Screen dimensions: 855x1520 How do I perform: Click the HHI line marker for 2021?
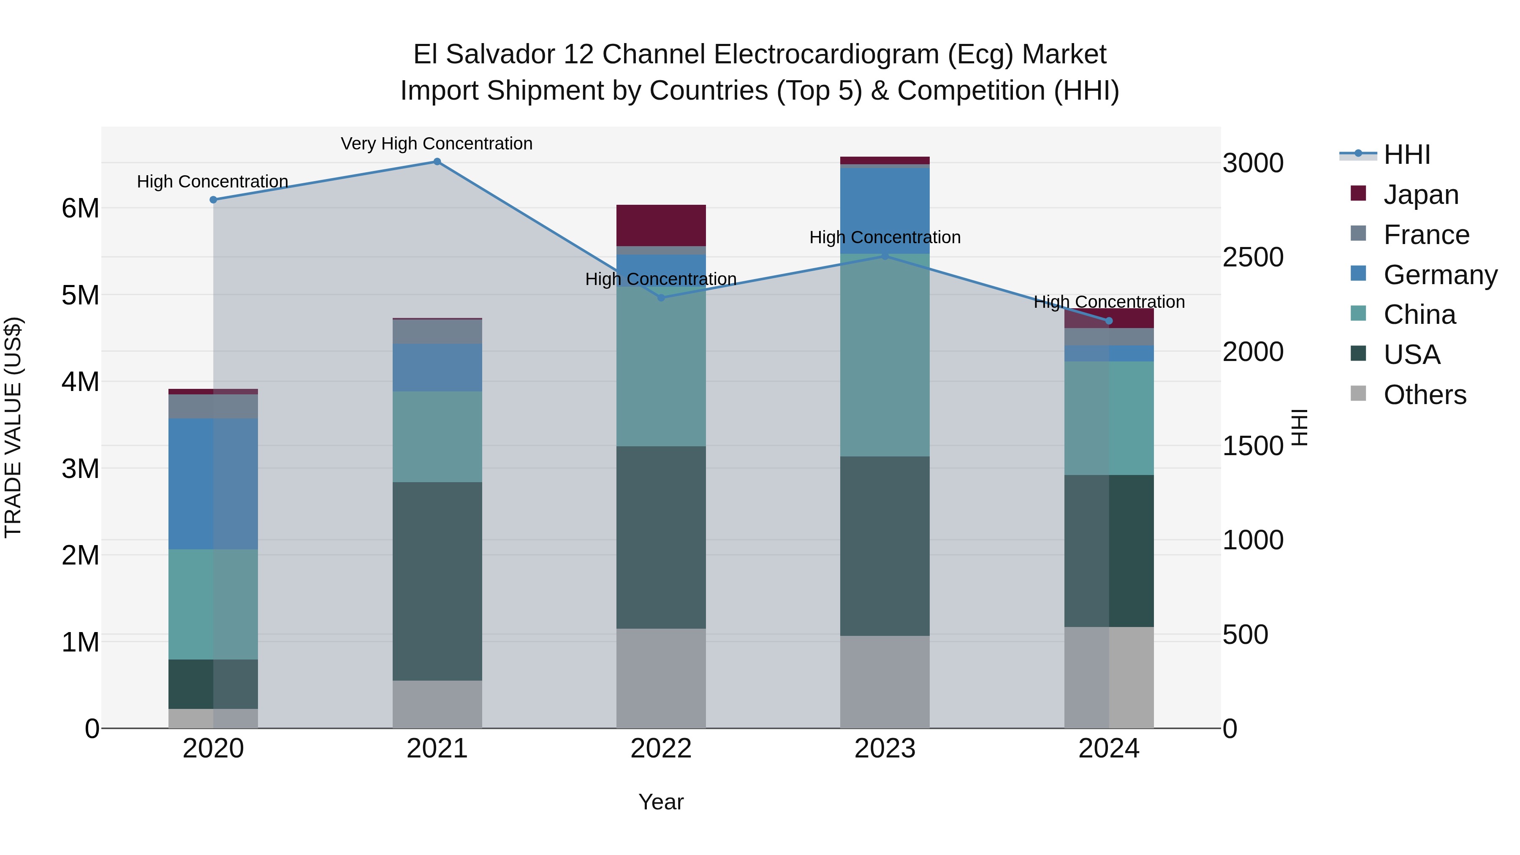(x=437, y=162)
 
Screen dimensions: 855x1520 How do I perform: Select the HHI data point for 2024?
(x=1108, y=321)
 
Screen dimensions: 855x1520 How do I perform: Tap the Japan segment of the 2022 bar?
(x=661, y=225)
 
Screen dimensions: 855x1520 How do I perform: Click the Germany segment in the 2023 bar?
(x=885, y=211)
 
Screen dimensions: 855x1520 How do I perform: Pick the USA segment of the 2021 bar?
(x=437, y=581)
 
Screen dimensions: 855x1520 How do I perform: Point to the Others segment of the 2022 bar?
(x=661, y=678)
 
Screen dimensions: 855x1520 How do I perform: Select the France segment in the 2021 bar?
(x=437, y=331)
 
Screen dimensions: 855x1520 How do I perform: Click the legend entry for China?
(x=1419, y=315)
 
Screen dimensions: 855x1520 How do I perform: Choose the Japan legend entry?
(x=1420, y=195)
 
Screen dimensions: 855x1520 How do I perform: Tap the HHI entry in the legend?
(x=1407, y=155)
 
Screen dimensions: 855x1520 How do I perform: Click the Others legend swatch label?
(x=1425, y=395)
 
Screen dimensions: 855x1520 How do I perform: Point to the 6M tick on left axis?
(x=80, y=208)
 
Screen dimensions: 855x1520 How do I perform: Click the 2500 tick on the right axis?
(x=1253, y=257)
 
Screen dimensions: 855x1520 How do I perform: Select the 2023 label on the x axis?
(x=885, y=749)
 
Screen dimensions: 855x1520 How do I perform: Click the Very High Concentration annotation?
(x=437, y=144)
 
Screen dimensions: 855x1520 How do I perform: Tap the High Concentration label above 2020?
(x=212, y=182)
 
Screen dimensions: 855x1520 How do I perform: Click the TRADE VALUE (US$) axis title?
(x=13, y=427)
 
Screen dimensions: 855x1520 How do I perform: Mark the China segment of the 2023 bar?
(x=885, y=355)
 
